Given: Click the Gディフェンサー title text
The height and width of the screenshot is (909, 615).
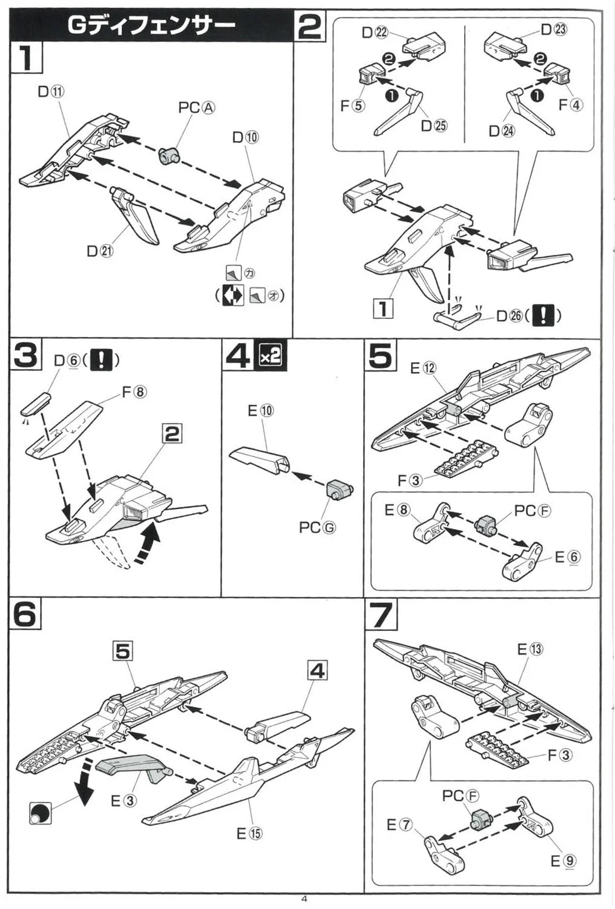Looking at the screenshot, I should [x=151, y=25].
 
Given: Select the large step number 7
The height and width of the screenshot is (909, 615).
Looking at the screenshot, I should [x=381, y=615].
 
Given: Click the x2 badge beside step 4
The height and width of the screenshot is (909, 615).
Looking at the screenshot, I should [x=270, y=356].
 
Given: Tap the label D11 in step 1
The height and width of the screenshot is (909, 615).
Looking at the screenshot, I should [x=51, y=92].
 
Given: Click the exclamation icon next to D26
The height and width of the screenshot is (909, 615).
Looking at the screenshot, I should [x=544, y=315].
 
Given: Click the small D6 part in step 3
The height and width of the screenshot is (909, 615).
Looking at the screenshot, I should [x=37, y=401].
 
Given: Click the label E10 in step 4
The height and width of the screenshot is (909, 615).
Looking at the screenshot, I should [x=260, y=411].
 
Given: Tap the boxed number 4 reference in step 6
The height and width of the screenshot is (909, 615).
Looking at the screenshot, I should [x=317, y=671].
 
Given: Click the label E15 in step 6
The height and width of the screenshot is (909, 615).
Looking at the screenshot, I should [x=249, y=833].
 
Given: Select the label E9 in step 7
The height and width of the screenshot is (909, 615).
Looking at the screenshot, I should [x=563, y=861].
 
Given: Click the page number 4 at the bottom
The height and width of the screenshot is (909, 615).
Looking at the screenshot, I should [x=304, y=899].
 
